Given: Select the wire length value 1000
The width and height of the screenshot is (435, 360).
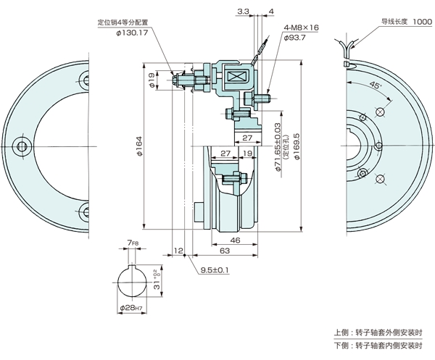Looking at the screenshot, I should click(x=423, y=22).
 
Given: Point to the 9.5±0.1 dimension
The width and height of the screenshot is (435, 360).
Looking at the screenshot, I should click(x=215, y=270).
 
